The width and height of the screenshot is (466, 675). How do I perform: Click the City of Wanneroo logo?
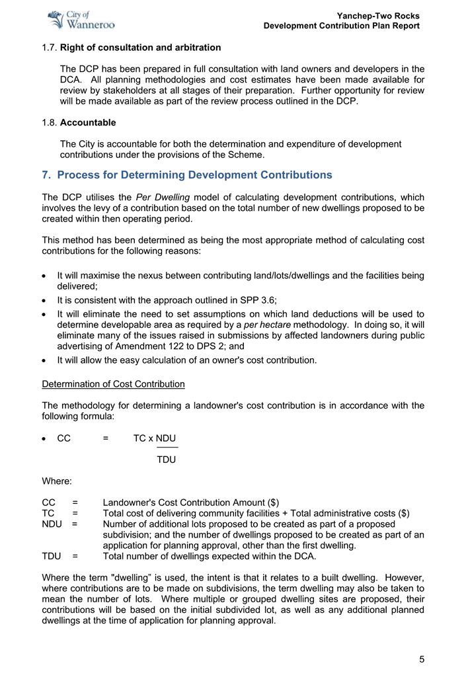tap(82, 20)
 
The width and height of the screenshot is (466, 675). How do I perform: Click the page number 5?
tap(421, 659)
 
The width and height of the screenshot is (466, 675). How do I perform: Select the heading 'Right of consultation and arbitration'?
tap(140, 48)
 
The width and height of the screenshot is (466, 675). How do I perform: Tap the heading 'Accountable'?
tap(88, 122)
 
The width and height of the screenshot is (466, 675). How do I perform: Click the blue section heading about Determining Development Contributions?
tap(187, 175)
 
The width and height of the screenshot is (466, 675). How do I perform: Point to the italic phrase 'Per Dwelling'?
tap(163, 197)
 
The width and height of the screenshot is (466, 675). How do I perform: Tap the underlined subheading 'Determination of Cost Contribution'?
tap(113, 384)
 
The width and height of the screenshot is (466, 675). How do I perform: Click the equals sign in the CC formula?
tap(106, 438)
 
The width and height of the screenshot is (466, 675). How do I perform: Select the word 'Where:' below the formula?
tap(56, 481)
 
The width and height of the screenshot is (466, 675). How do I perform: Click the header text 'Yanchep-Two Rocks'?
tap(378, 16)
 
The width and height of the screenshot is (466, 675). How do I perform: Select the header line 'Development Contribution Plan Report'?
tap(341, 26)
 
